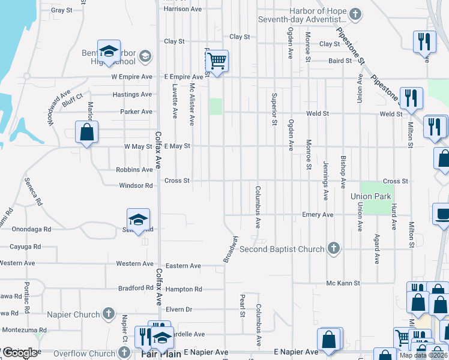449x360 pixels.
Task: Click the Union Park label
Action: (x=371, y=196)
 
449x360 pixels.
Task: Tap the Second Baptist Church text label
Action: (x=282, y=248)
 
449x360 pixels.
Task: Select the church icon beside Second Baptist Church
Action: (x=333, y=248)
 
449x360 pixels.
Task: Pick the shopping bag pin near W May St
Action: (x=87, y=132)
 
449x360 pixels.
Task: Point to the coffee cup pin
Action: (x=443, y=214)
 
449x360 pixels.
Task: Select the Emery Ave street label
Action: (x=318, y=215)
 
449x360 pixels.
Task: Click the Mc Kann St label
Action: (x=343, y=283)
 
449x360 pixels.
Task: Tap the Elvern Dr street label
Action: (x=179, y=310)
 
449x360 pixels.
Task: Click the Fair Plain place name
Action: (x=161, y=354)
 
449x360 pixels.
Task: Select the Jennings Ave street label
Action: (x=326, y=180)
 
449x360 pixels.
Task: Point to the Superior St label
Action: (x=274, y=109)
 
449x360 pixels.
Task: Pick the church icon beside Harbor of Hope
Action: (x=355, y=13)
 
